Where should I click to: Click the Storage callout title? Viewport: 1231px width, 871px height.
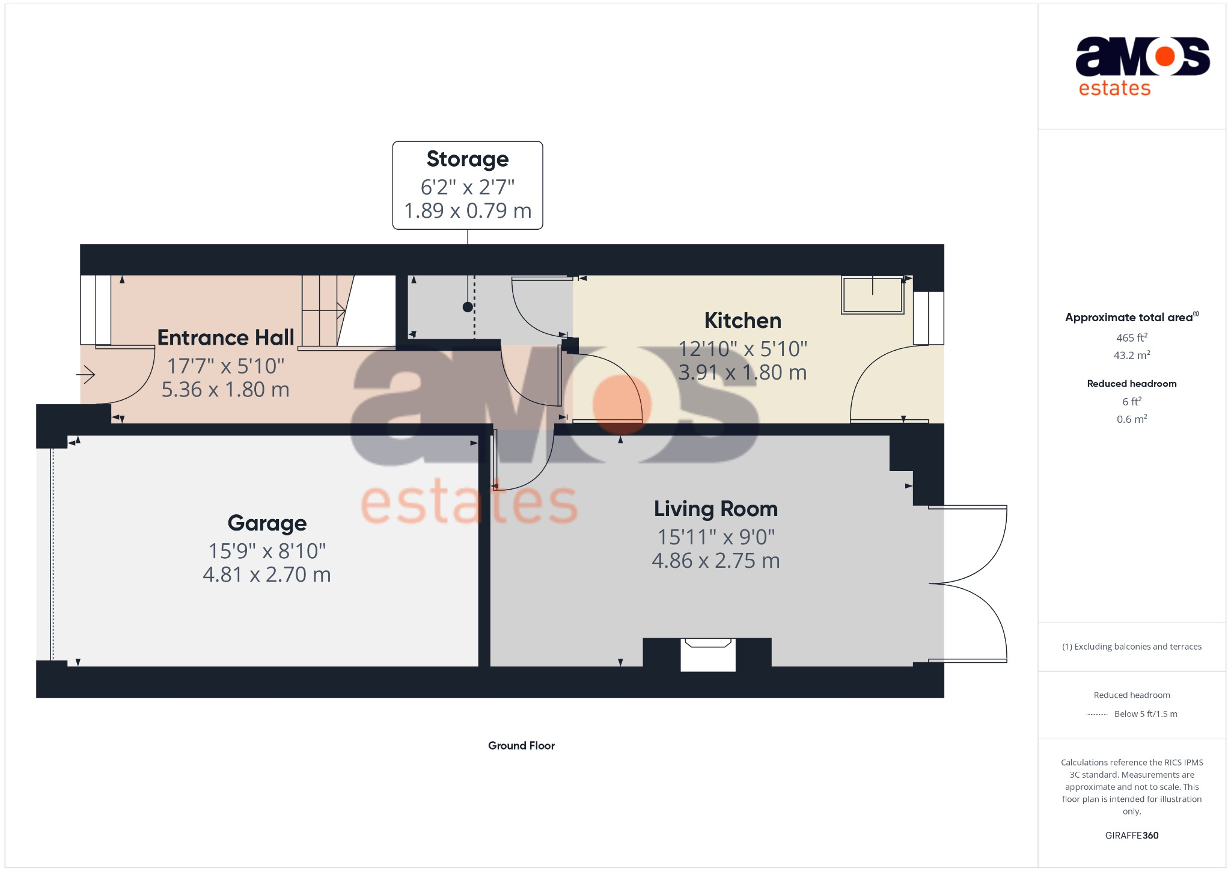(x=468, y=159)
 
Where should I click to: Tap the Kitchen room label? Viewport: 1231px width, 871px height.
(x=742, y=321)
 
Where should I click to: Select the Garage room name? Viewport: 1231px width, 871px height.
(x=267, y=523)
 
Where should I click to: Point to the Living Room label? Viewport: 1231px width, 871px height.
(x=715, y=509)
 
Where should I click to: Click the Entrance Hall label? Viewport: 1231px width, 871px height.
(x=225, y=337)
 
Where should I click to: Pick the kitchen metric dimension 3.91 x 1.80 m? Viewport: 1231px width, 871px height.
(x=742, y=372)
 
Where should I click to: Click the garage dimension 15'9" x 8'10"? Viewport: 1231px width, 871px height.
(x=267, y=551)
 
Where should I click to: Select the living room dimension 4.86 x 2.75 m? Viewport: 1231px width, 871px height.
(x=715, y=561)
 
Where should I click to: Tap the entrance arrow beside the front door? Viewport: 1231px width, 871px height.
(x=86, y=375)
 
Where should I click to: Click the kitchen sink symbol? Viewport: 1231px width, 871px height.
(x=873, y=295)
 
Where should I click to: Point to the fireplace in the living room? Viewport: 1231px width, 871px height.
(x=707, y=654)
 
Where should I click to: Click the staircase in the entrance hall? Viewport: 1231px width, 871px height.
(x=325, y=310)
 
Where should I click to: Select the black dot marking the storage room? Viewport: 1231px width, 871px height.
(x=468, y=307)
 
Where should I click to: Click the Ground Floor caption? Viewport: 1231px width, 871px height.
(x=521, y=746)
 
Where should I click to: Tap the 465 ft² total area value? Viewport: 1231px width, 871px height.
(x=1131, y=338)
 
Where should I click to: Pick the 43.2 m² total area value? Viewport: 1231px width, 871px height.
(x=1131, y=355)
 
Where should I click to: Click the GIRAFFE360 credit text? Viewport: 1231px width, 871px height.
(x=1131, y=836)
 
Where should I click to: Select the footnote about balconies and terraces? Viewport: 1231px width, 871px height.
(x=1131, y=647)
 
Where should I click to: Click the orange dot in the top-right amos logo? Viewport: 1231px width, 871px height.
(x=1165, y=57)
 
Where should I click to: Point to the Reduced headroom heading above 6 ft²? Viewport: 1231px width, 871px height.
(x=1131, y=384)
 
